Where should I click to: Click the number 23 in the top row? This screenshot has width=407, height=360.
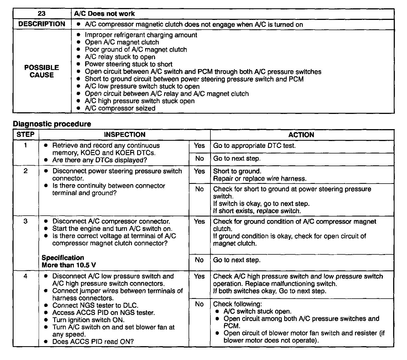[42, 14]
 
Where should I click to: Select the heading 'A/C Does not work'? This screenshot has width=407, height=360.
[104, 14]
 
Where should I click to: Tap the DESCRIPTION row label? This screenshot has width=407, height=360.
[42, 24]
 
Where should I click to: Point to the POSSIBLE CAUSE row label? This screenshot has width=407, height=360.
[42, 71]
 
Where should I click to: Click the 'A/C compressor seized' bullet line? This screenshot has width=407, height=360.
[120, 108]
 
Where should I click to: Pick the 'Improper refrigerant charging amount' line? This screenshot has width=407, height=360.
[141, 35]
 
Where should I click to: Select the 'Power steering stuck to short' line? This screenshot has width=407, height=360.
[129, 64]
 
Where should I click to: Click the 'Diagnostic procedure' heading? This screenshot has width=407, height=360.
[52, 124]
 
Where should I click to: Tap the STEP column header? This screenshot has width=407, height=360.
[25, 135]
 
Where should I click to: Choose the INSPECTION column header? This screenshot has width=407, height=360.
[124, 135]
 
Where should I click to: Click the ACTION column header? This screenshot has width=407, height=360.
[301, 135]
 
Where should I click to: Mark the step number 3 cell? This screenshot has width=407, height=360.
[25, 221]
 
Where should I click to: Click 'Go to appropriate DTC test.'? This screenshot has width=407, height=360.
[254, 146]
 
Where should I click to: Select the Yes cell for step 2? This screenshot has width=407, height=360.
[199, 171]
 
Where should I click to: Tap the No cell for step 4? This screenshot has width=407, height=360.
[199, 304]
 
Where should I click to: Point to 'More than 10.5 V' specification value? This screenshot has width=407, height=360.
[69, 265]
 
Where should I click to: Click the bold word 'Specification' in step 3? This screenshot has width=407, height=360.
[63, 258]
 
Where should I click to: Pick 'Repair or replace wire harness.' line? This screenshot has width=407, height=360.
[260, 179]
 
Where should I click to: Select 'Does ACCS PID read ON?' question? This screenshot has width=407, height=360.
[93, 342]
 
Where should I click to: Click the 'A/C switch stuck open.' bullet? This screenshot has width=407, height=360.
[257, 312]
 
